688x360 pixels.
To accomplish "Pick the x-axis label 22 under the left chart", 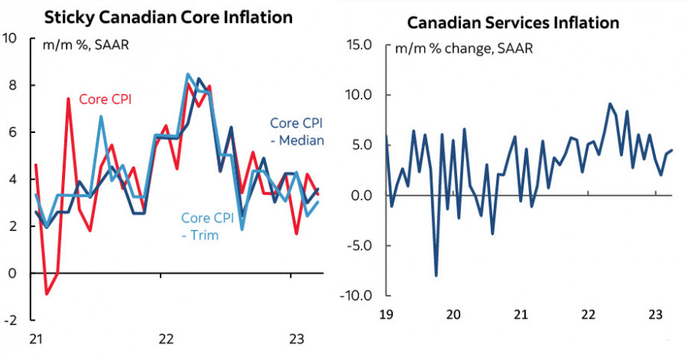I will click(x=166, y=339).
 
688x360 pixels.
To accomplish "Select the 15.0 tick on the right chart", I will click(x=358, y=44).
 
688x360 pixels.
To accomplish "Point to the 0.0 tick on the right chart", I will click(x=361, y=196).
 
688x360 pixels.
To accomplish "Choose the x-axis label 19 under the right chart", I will click(x=386, y=313).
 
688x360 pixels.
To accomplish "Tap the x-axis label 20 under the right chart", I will click(x=453, y=313).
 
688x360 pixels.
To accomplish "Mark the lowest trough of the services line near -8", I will click(x=436, y=275).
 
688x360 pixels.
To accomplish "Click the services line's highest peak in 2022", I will click(x=609, y=104).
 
